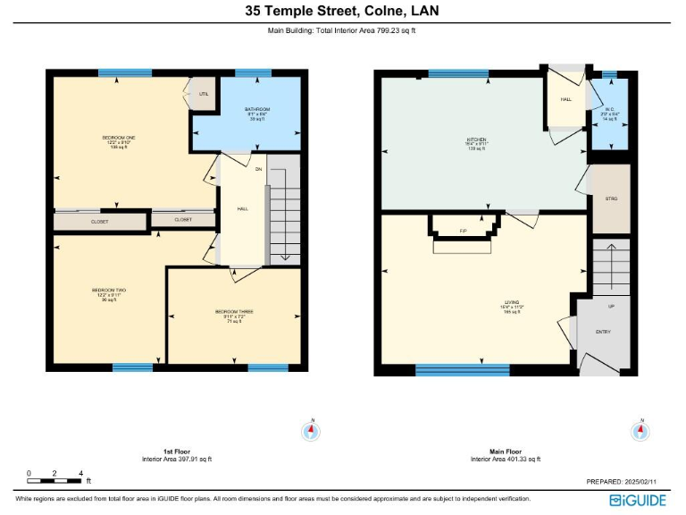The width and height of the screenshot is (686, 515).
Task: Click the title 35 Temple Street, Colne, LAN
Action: (343, 12)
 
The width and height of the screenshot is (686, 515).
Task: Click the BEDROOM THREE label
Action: (234, 312)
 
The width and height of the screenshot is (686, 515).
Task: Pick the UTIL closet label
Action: (204, 93)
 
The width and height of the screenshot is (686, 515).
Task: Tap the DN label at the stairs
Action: (258, 168)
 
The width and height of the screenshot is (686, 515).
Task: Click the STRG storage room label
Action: (611, 198)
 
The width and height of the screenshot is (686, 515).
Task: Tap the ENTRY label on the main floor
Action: (603, 332)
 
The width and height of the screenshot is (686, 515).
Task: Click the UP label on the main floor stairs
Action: (611, 306)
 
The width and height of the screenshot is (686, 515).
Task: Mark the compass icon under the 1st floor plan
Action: (311, 431)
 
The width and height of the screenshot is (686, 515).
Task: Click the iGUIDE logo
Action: (640, 500)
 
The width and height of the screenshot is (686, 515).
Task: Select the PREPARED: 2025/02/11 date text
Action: (623, 481)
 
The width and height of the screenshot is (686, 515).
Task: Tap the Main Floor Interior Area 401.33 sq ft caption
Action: (506, 456)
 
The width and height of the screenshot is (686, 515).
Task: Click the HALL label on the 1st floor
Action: (242, 208)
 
